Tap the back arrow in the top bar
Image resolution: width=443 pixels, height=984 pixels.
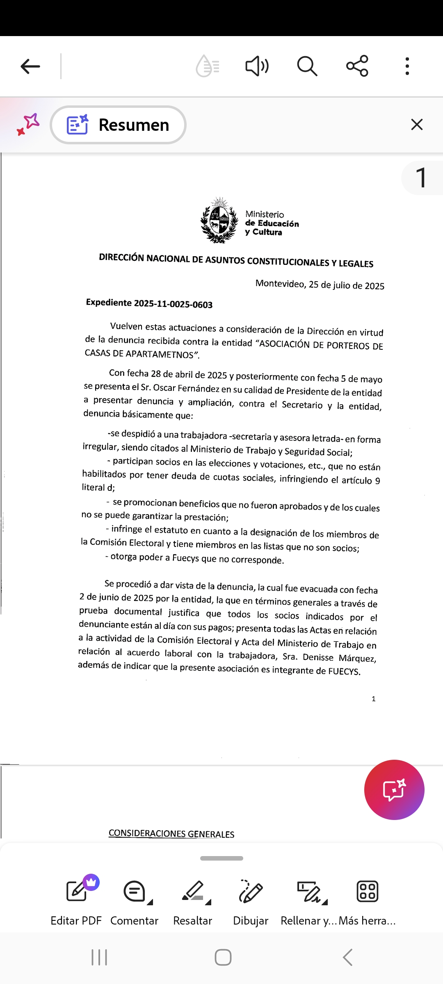click(30, 66)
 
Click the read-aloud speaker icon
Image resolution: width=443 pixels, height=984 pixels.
click(257, 66)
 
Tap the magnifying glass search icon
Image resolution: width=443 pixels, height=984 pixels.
click(307, 66)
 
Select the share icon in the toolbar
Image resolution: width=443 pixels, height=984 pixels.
click(357, 66)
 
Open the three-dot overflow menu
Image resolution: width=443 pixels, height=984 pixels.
click(407, 66)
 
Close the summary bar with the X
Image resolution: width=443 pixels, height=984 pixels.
click(417, 125)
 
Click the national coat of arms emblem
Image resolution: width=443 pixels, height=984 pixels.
click(219, 221)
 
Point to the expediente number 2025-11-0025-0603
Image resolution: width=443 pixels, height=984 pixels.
click(173, 304)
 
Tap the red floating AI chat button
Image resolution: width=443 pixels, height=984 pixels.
click(394, 790)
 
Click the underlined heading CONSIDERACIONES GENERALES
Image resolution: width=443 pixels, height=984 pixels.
click(171, 834)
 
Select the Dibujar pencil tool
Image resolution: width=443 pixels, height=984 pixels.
click(251, 891)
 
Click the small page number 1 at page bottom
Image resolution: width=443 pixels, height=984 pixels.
click(374, 699)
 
